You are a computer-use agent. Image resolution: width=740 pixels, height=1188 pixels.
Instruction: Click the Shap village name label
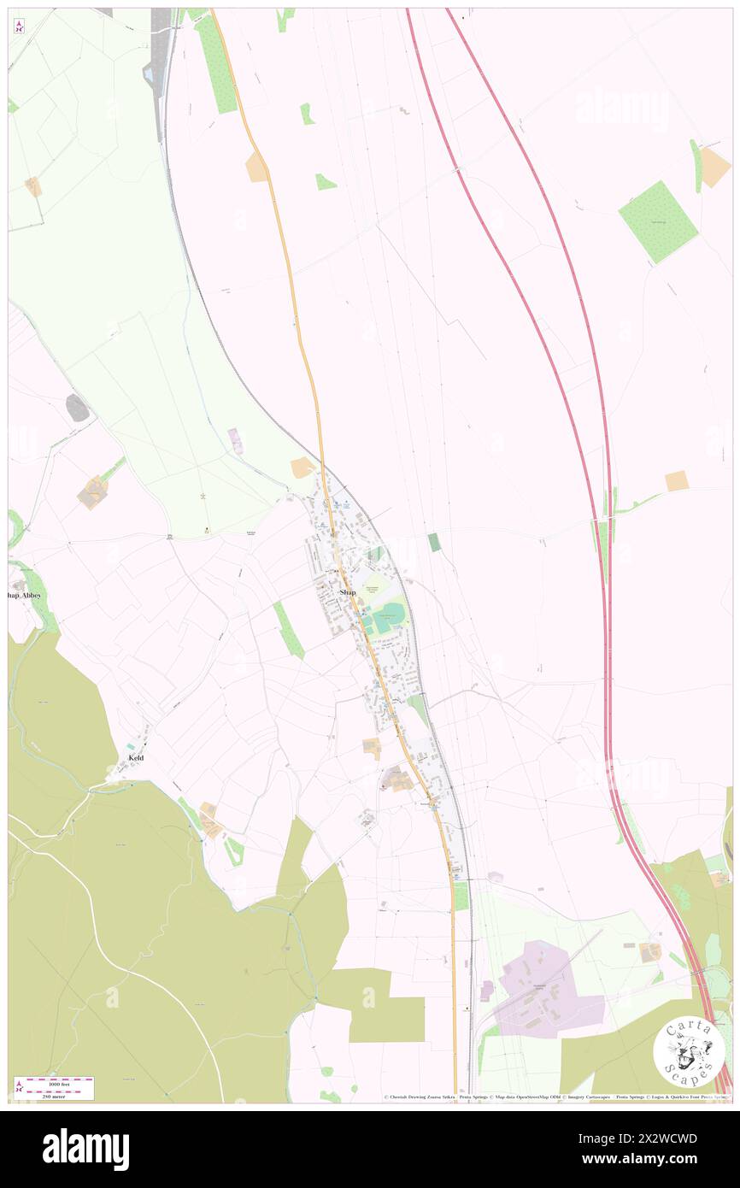point(347,592)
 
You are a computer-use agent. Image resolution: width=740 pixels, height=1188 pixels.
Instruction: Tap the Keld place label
point(135,758)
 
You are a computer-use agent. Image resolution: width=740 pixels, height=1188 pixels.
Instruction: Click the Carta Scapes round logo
point(689,1050)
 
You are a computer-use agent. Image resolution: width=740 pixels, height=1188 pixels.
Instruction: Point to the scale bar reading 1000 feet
point(54,1082)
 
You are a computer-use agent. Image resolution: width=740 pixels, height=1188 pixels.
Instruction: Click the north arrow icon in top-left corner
point(19,26)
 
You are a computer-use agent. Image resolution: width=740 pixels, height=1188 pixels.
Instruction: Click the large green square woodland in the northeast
point(658,221)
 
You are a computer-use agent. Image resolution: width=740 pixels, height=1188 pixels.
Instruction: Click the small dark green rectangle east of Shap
point(433,542)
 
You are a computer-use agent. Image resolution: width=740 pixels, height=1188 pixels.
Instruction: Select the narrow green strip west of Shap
point(289,631)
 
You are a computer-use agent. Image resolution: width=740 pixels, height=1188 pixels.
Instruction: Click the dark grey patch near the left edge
point(77,409)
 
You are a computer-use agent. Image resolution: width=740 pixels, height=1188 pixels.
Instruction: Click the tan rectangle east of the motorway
point(676,481)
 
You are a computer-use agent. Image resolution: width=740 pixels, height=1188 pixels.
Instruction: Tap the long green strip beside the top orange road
point(215,64)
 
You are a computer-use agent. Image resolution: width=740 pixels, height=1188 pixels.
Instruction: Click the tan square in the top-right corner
point(714,167)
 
